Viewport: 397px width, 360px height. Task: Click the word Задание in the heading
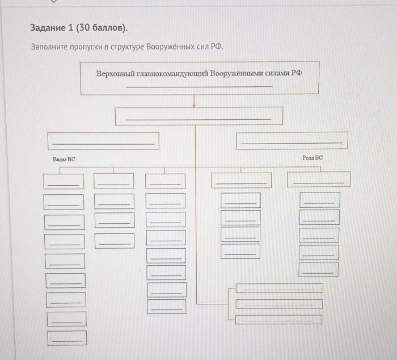[x=48, y=28]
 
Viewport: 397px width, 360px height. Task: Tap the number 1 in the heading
[x=71, y=27]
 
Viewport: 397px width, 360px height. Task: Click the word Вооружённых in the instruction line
[x=175, y=47]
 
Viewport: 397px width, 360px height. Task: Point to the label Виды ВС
[x=64, y=160]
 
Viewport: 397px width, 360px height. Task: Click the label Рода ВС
[x=312, y=158]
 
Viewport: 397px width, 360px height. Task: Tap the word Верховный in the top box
[x=115, y=73]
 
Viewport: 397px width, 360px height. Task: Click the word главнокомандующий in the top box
[x=172, y=73]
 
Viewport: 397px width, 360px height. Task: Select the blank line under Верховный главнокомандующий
[x=199, y=87]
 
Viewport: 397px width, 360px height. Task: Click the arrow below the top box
[x=194, y=101]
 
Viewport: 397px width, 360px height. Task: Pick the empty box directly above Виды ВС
[x=103, y=141]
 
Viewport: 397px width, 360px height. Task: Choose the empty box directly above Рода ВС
[x=292, y=140]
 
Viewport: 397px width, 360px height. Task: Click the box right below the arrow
[x=199, y=116]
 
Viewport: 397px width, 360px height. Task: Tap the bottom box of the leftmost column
[x=67, y=338]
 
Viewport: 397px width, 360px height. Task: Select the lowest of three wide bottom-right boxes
[x=279, y=320]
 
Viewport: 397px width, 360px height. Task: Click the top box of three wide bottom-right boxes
[x=280, y=288]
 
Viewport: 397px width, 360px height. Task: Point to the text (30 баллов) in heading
[x=102, y=28]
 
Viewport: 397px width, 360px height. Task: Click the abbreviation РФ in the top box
[x=297, y=73]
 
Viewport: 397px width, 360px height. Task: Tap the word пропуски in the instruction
[x=86, y=47]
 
